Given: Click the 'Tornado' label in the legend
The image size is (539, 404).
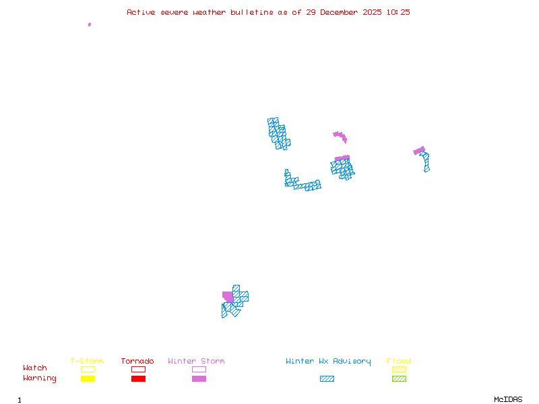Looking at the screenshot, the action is coord(137,362).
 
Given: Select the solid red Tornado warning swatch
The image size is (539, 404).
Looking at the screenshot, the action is coord(138,379).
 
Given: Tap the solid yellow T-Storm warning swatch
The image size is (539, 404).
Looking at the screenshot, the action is coord(88,379).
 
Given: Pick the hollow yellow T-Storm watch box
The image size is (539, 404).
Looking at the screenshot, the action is coord(88,369).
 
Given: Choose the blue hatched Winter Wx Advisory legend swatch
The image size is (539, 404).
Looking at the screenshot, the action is coord(327,379).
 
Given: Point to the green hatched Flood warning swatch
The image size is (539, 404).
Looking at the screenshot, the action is coord(399,379).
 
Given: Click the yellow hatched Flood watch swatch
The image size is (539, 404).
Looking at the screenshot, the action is coord(399,369).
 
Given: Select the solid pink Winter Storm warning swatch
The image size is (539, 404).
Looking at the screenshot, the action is coord(199,379).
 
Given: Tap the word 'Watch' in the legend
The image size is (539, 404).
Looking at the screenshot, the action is coord(35,368).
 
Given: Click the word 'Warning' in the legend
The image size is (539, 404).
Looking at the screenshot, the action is coord(40,378).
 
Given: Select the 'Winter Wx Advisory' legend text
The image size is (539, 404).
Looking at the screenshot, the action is coord(328,362).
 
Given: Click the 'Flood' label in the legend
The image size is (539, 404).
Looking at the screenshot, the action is coord(399,362).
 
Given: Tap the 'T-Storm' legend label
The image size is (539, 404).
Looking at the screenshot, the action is coord(87,362).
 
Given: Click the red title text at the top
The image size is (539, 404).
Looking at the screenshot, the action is coord(268,12).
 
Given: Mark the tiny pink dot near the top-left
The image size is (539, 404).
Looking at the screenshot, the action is coord(89,24).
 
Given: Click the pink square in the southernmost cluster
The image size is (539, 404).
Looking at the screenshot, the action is coord(228,297).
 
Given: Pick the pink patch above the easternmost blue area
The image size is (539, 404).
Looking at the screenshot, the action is coord(419,150).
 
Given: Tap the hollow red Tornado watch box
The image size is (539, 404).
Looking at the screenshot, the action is coord(138,369).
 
